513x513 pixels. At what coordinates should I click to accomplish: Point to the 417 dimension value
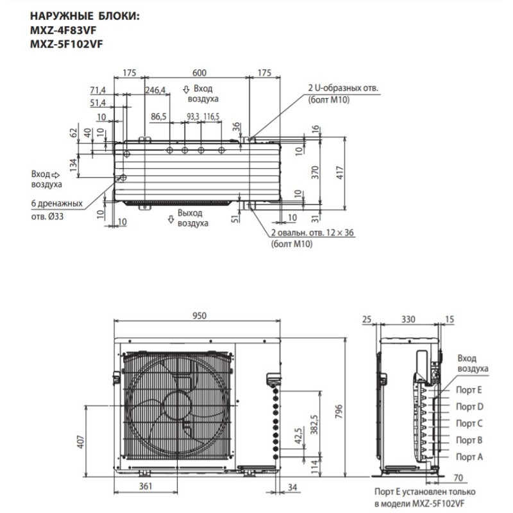click(340, 172)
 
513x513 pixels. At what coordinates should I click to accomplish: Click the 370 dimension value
click(315, 172)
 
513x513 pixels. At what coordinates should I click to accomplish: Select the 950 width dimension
click(198, 314)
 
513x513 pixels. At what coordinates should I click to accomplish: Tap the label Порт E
click(469, 390)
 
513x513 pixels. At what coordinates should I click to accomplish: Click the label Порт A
click(469, 456)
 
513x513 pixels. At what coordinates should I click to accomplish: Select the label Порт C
click(469, 423)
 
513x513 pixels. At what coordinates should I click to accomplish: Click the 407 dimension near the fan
click(81, 442)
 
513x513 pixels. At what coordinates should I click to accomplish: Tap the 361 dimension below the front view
click(146, 487)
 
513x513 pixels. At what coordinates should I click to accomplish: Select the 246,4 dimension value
click(155, 90)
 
